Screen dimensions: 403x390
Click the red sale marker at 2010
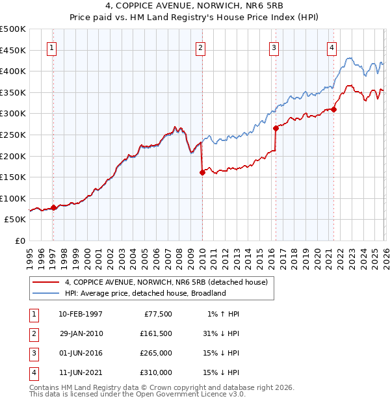[201, 172]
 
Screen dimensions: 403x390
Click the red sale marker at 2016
[276, 129]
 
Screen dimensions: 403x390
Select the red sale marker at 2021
[333, 109]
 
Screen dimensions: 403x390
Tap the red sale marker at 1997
[53, 207]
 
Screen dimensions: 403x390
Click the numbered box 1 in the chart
[51, 47]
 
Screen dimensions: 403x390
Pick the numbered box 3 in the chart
[274, 47]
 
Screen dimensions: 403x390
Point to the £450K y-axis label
[13, 50]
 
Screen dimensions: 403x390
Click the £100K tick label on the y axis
[13, 198]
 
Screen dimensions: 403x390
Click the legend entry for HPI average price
[144, 293]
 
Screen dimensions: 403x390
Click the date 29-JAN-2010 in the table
[81, 333]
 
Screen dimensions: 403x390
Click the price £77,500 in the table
[158, 314]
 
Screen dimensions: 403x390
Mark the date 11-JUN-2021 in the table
[81, 372]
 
